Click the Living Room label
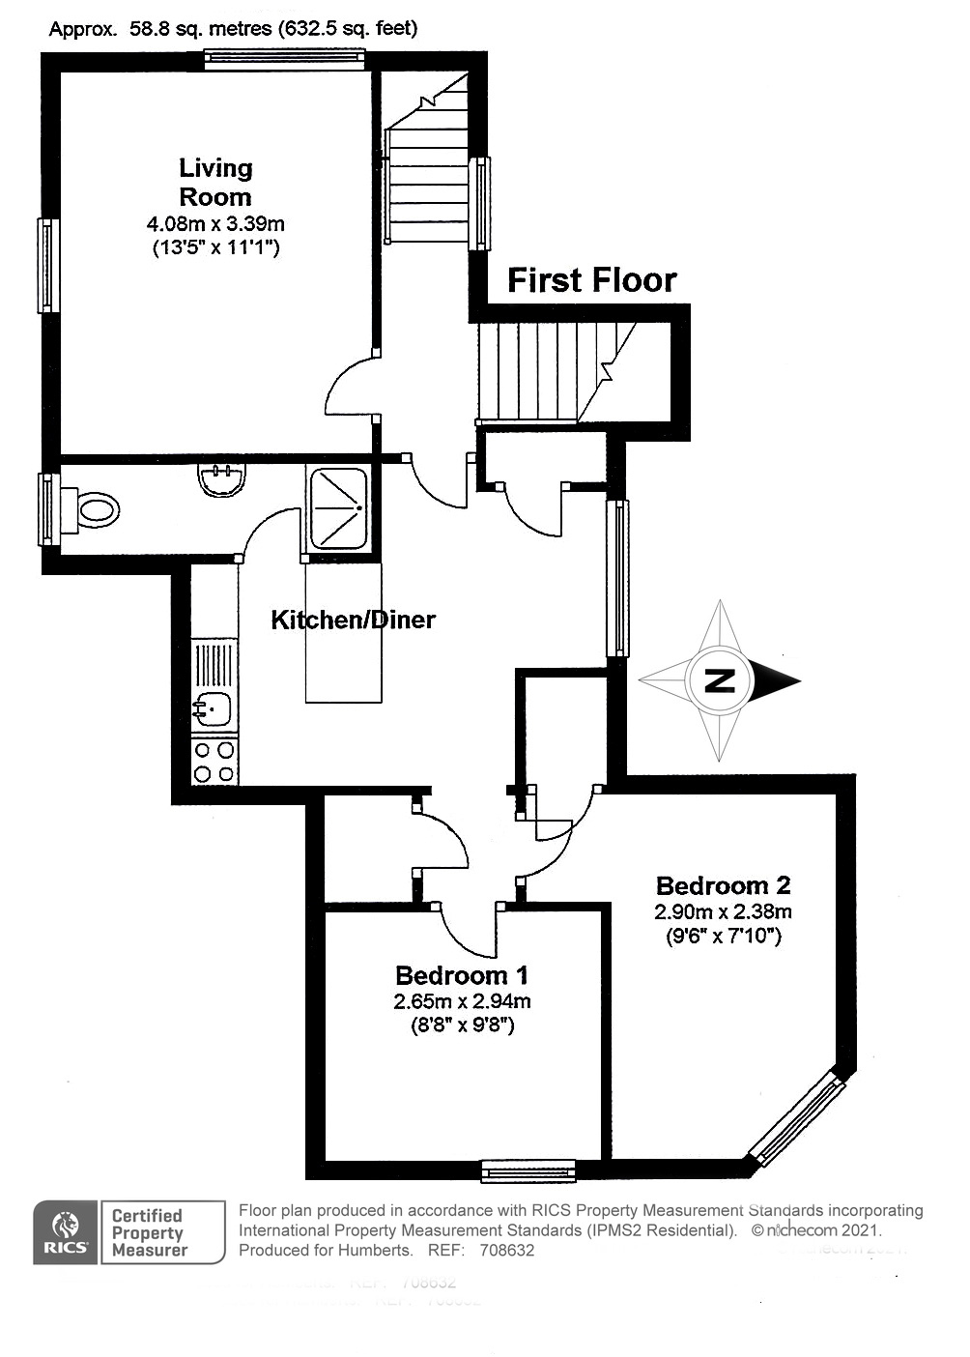click(x=215, y=182)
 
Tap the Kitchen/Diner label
click(x=353, y=620)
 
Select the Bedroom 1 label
click(x=462, y=974)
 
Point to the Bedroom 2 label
click(x=723, y=884)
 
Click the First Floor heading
click(x=591, y=280)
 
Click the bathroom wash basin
click(x=221, y=478)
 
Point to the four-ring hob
click(x=214, y=761)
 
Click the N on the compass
click(x=718, y=680)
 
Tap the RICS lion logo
click(x=66, y=1231)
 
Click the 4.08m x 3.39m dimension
click(x=215, y=224)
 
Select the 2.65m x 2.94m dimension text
click(x=462, y=1001)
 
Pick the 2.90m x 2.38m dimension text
click(x=723, y=911)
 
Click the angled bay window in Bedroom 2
click(x=798, y=1118)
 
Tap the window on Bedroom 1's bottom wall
click(x=528, y=1172)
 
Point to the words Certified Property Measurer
click(x=149, y=1232)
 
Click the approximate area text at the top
click(x=233, y=29)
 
